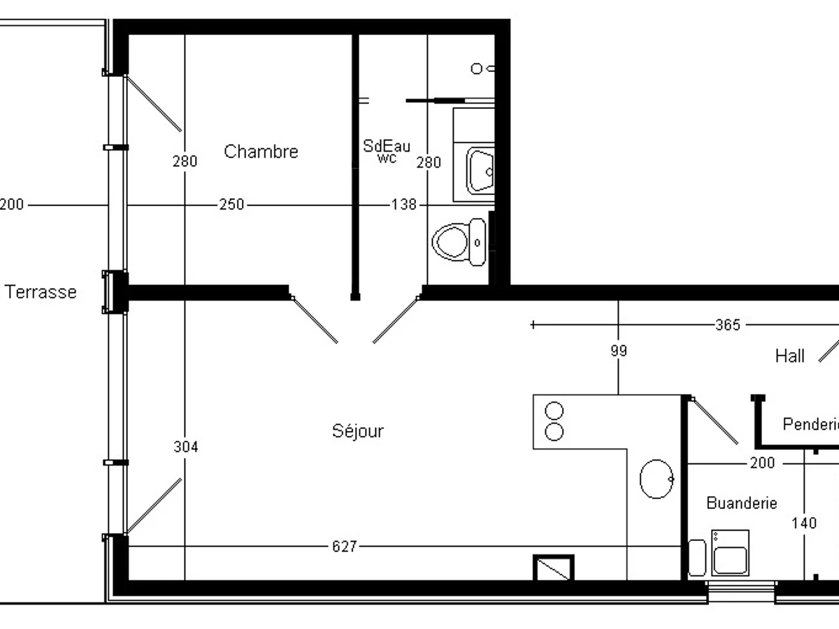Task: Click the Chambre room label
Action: point(261,152)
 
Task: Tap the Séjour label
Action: point(357,431)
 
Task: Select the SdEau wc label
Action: point(387,151)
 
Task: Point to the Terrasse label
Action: point(41,292)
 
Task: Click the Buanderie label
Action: point(741,503)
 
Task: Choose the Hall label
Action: point(790,356)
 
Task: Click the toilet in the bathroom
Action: point(459,243)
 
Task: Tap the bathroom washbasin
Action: point(480,171)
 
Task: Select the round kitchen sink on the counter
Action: point(657,479)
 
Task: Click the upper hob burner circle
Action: point(554,411)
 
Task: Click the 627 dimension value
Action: point(345,547)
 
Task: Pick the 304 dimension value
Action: point(185,447)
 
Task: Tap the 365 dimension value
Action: point(728,325)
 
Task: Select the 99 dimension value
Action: point(619,351)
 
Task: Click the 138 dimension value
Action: point(403,205)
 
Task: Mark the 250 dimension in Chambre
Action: point(231,205)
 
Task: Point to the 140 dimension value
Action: point(804,523)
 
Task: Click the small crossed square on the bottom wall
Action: point(554,567)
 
